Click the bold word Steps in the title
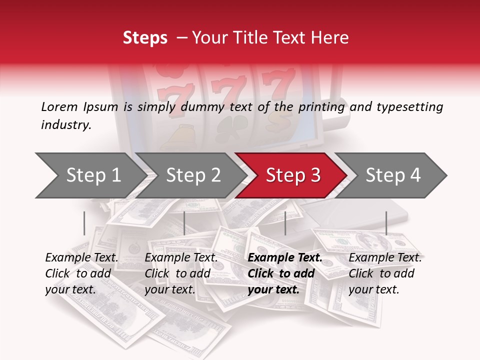pos(145,38)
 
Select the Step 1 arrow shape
pos(90,175)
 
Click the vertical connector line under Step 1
pos(84,223)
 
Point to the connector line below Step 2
pos(184,223)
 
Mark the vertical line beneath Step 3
pos(285,223)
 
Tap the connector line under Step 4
pos(386,223)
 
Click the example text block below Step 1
pos(81,273)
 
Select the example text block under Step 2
pos(181,273)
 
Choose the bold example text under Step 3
pos(284,273)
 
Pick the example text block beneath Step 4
pos(385,273)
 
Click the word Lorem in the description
pos(59,106)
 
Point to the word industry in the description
pos(66,125)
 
